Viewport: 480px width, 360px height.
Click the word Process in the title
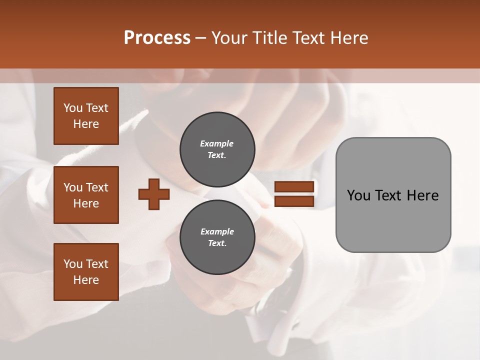[157, 38]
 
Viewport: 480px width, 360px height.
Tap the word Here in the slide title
[348, 38]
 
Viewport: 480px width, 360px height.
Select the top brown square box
[86, 116]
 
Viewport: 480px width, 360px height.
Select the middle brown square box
[86, 195]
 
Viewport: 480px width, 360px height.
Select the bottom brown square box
[86, 272]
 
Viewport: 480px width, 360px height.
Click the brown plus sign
[154, 194]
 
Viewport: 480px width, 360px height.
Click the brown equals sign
[294, 194]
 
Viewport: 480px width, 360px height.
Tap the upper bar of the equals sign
[294, 186]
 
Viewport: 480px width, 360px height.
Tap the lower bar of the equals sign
[294, 201]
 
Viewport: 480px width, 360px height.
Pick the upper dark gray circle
[217, 149]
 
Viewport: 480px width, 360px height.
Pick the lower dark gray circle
[217, 237]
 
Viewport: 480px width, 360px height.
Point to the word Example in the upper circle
[217, 144]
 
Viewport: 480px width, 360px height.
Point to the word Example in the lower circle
[217, 232]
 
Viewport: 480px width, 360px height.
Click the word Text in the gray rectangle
[390, 195]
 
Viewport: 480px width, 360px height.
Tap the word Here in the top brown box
[86, 124]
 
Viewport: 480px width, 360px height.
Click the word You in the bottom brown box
[73, 264]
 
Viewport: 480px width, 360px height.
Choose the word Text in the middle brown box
[96, 187]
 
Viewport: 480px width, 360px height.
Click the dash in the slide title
[201, 38]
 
